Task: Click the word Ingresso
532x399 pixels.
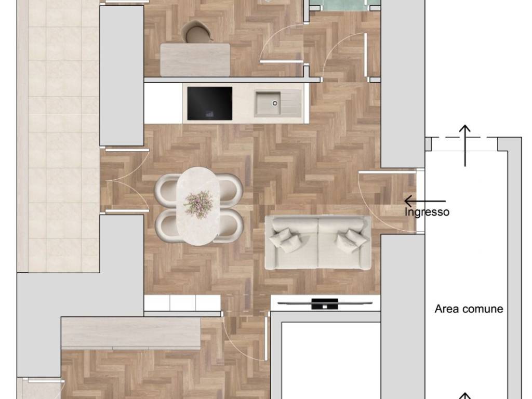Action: [x=427, y=212]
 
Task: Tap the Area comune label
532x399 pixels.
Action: [x=469, y=309]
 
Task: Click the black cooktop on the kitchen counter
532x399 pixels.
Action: [x=210, y=103]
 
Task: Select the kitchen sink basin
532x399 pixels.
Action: [x=268, y=103]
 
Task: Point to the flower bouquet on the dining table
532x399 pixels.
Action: [x=199, y=205]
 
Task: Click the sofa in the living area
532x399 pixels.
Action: [x=317, y=243]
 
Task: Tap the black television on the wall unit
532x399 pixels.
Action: [x=325, y=303]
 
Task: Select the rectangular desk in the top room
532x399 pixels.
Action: [x=195, y=60]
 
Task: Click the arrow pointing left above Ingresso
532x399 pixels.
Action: [x=425, y=201]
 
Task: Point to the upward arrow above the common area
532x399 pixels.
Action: [x=465, y=145]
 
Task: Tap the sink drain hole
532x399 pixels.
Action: [x=275, y=103]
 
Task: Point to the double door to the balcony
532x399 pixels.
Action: [x=125, y=180]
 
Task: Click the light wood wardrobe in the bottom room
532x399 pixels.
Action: [x=131, y=333]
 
